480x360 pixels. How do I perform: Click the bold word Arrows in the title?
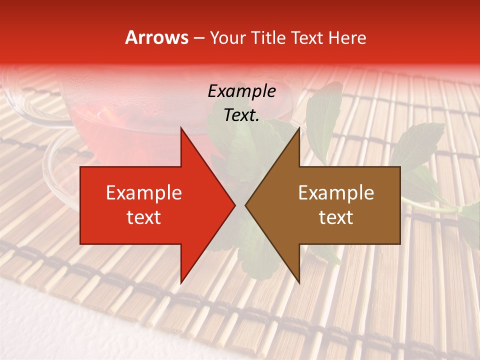pyautogui.click(x=156, y=37)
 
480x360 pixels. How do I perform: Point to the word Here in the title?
pyautogui.click(x=347, y=37)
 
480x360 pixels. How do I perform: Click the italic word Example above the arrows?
pyautogui.click(x=241, y=91)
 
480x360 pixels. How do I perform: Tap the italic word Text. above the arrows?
pyautogui.click(x=241, y=115)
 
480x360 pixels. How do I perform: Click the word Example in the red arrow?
pyautogui.click(x=144, y=192)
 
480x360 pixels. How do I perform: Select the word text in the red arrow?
pyautogui.click(x=144, y=217)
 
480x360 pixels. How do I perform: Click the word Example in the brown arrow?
pyautogui.click(x=336, y=192)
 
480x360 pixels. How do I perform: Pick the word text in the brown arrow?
pyautogui.click(x=336, y=217)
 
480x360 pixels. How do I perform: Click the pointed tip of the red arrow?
pyautogui.click(x=235, y=205)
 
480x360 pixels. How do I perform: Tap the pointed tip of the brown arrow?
pyautogui.click(x=245, y=205)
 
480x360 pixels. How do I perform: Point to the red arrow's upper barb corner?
pyautogui.click(x=181, y=128)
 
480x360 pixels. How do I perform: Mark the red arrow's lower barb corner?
pyautogui.click(x=181, y=283)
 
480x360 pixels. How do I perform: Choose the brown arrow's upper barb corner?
pyautogui.click(x=299, y=128)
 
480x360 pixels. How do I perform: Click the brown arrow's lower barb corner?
pyautogui.click(x=299, y=283)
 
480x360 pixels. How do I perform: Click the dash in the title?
pyautogui.click(x=198, y=38)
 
